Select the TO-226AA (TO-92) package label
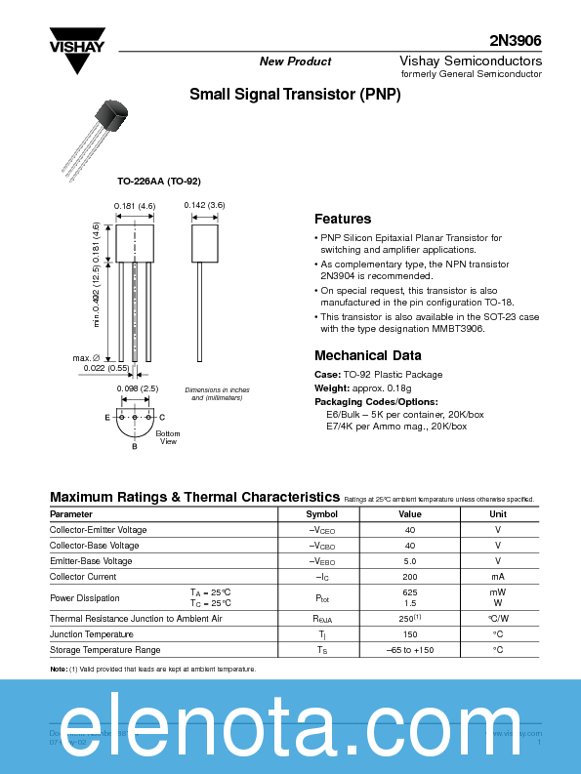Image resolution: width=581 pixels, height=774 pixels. tap(158, 182)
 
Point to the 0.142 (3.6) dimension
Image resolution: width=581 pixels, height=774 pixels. tap(205, 205)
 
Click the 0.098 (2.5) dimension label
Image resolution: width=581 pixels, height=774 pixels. tap(137, 388)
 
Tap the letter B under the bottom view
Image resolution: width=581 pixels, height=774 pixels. tap(135, 446)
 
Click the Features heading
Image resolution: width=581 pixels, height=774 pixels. tap(343, 219)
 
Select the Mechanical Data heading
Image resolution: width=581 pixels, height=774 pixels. tap(368, 355)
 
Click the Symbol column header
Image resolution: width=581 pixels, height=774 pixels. tap(321, 513)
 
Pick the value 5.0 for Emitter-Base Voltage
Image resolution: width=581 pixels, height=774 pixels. tap(410, 561)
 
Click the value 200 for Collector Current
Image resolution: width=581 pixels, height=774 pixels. tap(410, 577)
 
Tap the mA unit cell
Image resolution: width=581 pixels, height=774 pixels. tap(498, 577)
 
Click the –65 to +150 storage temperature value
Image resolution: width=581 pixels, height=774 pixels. tap(410, 649)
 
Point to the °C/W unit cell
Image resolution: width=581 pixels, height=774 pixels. tap(498, 618)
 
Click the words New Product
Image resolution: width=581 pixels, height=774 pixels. tap(295, 61)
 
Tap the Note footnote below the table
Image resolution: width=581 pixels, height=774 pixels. tap(152, 669)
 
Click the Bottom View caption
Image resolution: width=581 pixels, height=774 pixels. tap(168, 437)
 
